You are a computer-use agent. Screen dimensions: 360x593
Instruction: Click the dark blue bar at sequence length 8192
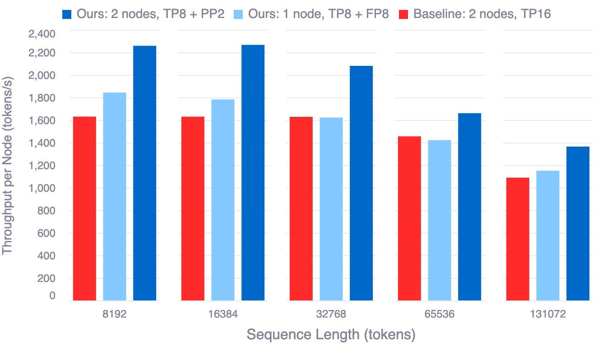pyautogui.click(x=144, y=174)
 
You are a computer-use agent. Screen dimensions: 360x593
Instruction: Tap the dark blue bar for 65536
pyautogui.click(x=469, y=207)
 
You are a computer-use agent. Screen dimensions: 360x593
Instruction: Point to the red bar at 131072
pyautogui.click(x=518, y=239)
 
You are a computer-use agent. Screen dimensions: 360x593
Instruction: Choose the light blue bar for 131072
pyautogui.click(x=548, y=235)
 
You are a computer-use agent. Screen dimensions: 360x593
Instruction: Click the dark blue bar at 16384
pyautogui.click(x=253, y=173)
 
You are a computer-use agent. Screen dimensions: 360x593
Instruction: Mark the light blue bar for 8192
pyautogui.click(x=115, y=197)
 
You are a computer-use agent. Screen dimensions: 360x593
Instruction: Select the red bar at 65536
pyautogui.click(x=409, y=218)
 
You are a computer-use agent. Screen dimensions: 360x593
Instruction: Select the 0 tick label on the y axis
pyautogui.click(x=53, y=296)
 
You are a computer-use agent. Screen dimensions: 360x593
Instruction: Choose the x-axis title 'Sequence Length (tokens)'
pyautogui.click(x=331, y=335)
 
